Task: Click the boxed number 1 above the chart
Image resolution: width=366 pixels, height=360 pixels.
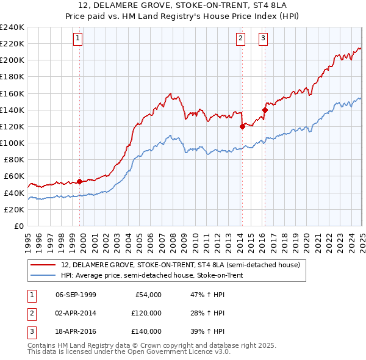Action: [79, 38]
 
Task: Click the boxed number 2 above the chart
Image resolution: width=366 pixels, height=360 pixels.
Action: [241, 38]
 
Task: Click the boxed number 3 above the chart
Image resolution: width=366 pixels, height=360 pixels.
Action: [264, 38]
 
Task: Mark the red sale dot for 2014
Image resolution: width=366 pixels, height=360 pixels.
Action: [242, 126]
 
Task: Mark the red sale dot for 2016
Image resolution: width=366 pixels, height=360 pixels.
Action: [265, 110]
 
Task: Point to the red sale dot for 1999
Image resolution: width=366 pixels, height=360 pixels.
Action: [80, 181]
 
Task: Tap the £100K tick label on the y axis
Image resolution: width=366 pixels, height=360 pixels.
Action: [12, 143]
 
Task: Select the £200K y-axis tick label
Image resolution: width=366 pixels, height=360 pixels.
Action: [12, 60]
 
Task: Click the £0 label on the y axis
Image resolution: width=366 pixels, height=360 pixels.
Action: [19, 226]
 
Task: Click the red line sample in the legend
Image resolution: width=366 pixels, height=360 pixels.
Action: [43, 265]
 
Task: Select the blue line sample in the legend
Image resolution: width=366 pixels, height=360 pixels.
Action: [43, 276]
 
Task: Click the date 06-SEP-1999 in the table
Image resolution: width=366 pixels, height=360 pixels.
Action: [76, 295]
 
